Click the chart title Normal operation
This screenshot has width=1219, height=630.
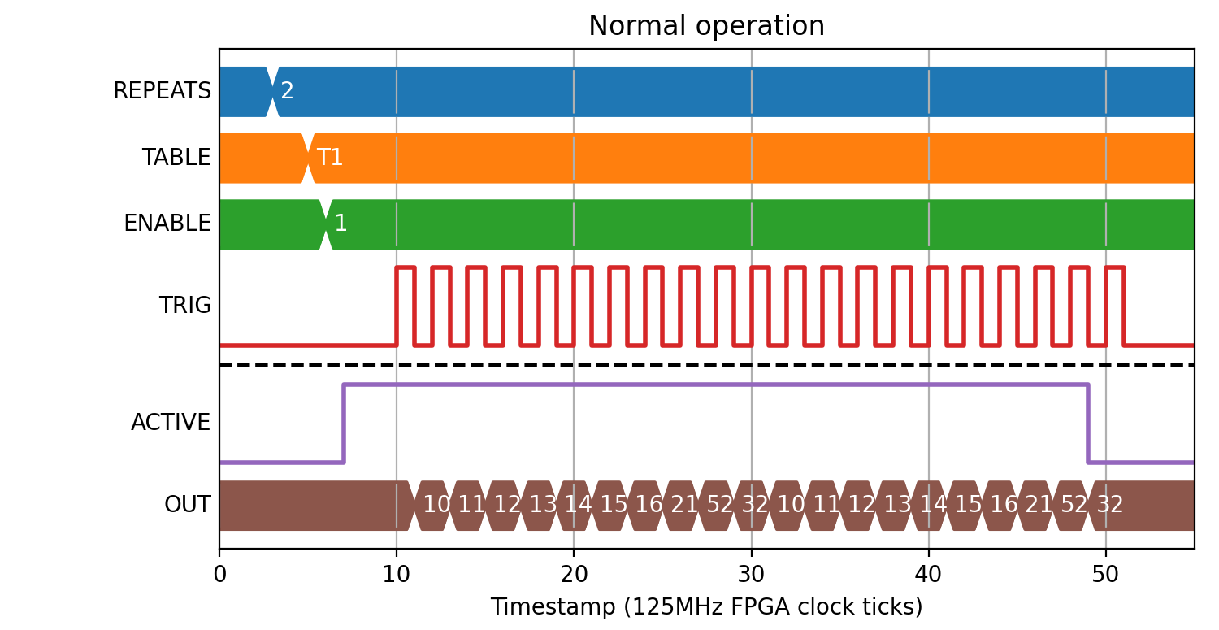(706, 25)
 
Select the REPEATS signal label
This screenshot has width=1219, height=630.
(162, 91)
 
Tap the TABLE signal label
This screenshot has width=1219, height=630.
(176, 158)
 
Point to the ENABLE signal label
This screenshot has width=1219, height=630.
(167, 224)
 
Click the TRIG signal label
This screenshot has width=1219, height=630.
(185, 306)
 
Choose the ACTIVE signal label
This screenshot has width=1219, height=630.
(171, 423)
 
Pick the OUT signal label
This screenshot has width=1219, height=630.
(187, 505)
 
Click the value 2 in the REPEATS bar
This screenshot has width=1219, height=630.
(287, 91)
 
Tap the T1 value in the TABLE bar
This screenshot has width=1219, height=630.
(330, 158)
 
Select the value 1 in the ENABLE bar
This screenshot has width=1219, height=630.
(341, 224)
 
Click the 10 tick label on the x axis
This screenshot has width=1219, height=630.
(397, 575)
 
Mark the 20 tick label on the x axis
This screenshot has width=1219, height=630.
(574, 575)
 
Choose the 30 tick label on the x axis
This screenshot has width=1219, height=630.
(752, 575)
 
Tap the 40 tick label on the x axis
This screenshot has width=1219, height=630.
(928, 575)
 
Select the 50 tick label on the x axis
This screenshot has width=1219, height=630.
(1105, 575)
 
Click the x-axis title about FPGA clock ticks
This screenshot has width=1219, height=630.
(706, 606)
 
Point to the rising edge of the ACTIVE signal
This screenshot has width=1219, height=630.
(344, 424)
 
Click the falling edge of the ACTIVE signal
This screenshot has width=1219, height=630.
(1088, 424)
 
